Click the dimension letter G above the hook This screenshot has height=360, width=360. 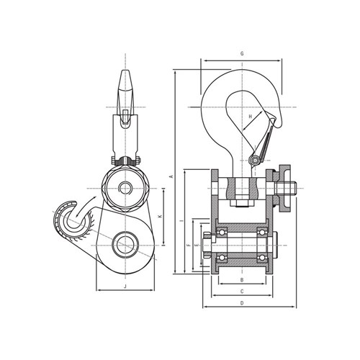(x=242, y=53)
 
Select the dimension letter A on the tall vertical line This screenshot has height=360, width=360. (x=171, y=176)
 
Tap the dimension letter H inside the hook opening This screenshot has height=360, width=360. (x=251, y=117)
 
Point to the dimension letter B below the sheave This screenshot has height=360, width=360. (x=242, y=280)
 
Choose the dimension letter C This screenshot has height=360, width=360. (x=242, y=292)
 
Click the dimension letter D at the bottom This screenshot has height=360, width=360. (x=242, y=303)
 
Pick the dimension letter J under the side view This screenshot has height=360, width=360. (x=125, y=287)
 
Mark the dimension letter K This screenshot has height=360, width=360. (x=161, y=217)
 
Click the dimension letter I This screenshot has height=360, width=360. (x=181, y=220)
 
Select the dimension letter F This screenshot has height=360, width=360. (x=189, y=245)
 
